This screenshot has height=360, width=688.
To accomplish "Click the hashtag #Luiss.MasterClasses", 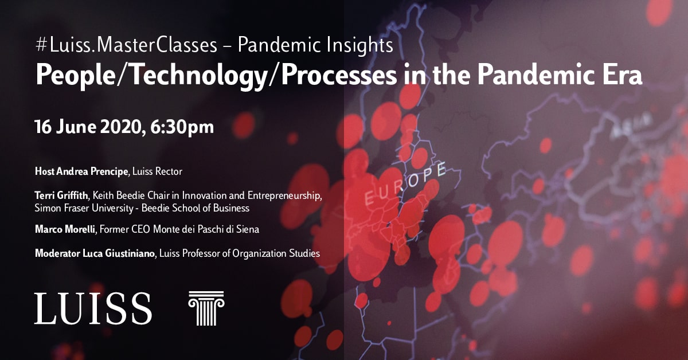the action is [126, 45].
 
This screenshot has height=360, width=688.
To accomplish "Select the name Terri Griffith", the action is [61, 195].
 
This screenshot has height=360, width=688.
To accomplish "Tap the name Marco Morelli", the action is [65, 229].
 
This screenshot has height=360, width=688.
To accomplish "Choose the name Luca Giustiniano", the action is [118, 253].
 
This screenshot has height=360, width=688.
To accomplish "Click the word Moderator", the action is [57, 253].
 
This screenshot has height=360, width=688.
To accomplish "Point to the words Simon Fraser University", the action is [84, 208].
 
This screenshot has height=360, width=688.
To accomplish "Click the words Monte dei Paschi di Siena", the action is [206, 229].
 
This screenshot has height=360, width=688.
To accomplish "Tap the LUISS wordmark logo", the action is [93, 308].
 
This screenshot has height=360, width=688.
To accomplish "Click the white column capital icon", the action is [206, 308].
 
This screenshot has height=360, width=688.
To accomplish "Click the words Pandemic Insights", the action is [315, 45].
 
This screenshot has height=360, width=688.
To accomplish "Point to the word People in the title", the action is [75, 76].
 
